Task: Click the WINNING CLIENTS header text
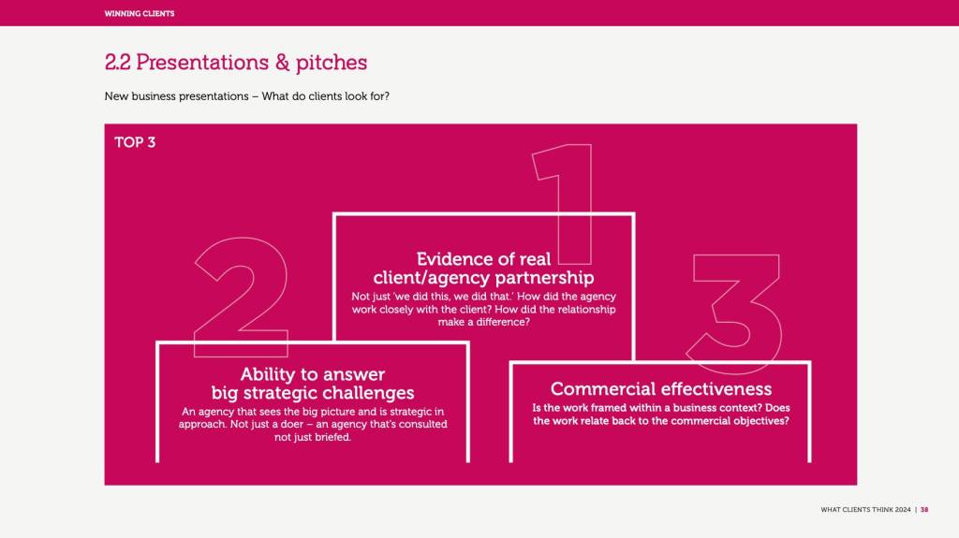pos(140,13)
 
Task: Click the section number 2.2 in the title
pos(117,63)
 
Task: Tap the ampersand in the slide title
pos(282,63)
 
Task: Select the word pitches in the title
pos(332,63)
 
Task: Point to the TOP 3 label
pos(135,142)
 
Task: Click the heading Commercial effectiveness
pos(661,389)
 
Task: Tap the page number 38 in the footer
pos(924,510)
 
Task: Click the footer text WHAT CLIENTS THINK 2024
pos(865,510)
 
